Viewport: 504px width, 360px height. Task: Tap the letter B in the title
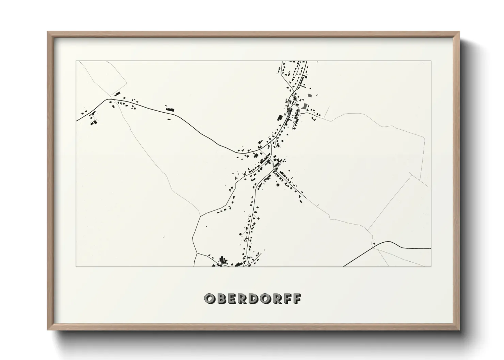221,298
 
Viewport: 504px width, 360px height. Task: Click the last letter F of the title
297,298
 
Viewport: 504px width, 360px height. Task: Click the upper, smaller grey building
309,95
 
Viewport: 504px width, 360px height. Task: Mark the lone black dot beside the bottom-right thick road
374,243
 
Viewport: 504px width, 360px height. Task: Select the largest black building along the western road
170,110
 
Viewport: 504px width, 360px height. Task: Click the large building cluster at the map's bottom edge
223,261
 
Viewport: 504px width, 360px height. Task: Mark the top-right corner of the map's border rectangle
431,61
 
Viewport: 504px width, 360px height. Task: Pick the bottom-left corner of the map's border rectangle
76,267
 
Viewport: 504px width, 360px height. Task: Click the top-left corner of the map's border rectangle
76,61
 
